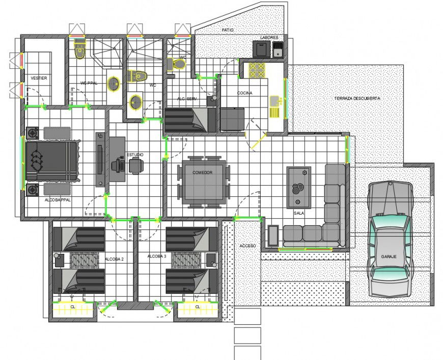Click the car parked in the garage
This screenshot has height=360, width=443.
(390, 240)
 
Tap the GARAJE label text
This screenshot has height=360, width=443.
(389, 256)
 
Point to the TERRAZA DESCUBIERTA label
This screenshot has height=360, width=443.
(357, 98)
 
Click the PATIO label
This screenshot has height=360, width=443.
(228, 31)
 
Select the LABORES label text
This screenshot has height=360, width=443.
(268, 38)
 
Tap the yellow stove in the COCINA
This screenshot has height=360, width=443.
(257, 70)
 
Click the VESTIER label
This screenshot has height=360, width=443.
(39, 78)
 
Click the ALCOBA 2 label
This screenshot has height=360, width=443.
(115, 259)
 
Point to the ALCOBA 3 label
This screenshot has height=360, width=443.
(156, 256)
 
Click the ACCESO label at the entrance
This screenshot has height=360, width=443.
(247, 246)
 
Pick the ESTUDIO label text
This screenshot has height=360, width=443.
(134, 154)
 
